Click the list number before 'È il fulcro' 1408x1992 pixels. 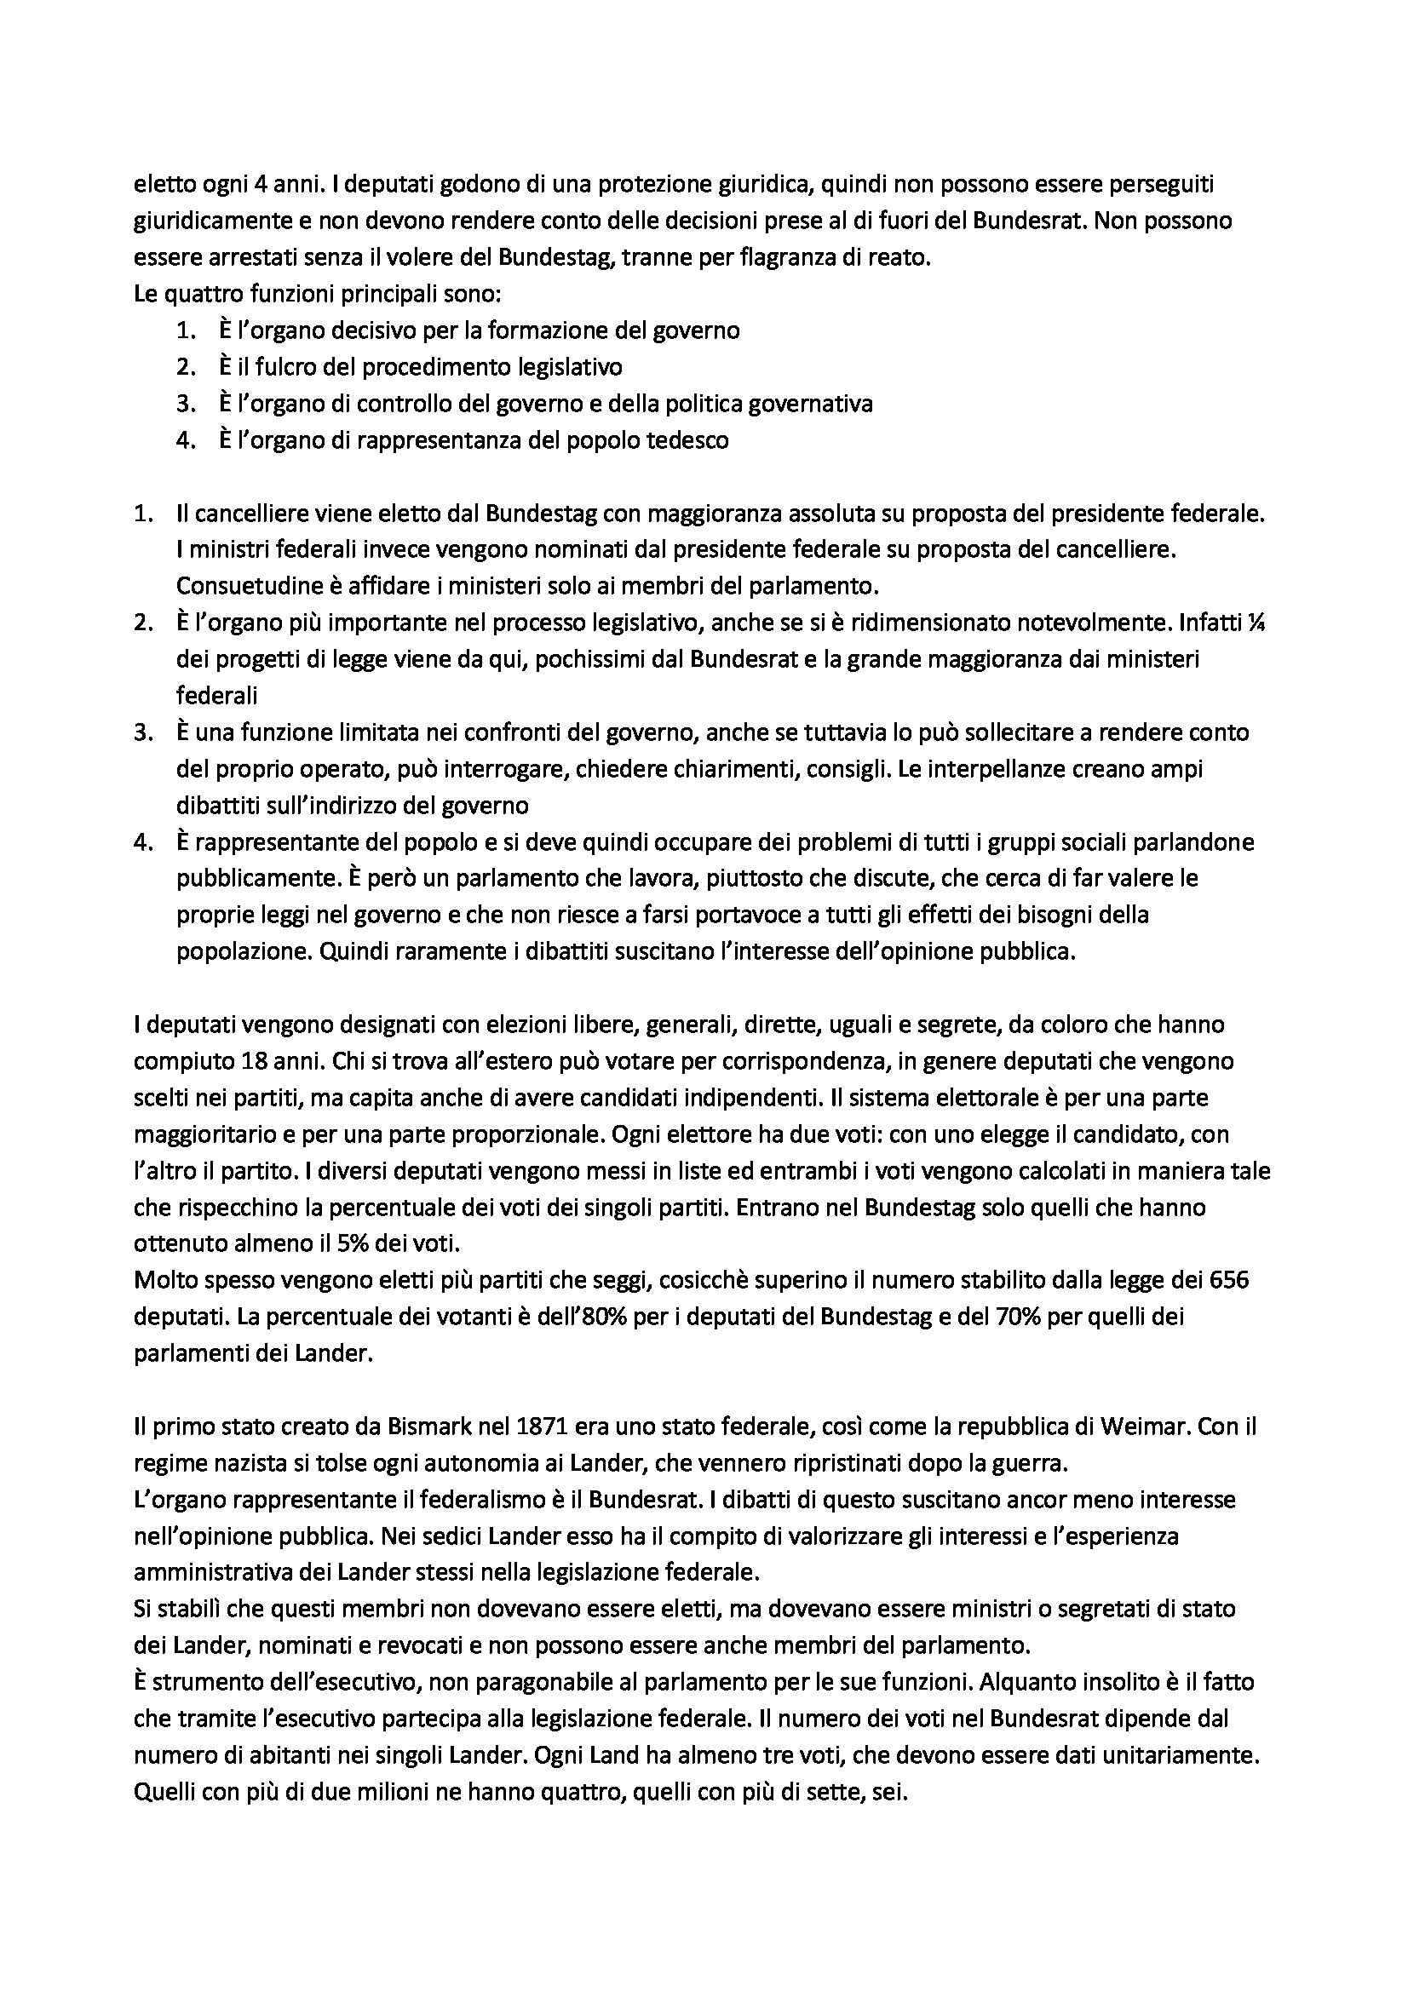tap(182, 367)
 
